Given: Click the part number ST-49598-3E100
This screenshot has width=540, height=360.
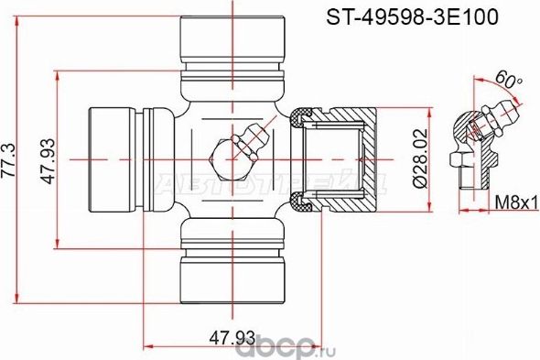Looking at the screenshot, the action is (412, 16).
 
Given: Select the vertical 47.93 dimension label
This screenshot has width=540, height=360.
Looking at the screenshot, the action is (48, 160).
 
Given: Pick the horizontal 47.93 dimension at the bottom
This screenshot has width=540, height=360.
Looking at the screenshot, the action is (232, 338).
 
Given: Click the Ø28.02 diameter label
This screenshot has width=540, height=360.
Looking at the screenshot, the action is (419, 158).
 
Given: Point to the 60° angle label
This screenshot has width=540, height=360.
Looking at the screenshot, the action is (508, 82).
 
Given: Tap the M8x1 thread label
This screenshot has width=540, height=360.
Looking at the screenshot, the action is (516, 202).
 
